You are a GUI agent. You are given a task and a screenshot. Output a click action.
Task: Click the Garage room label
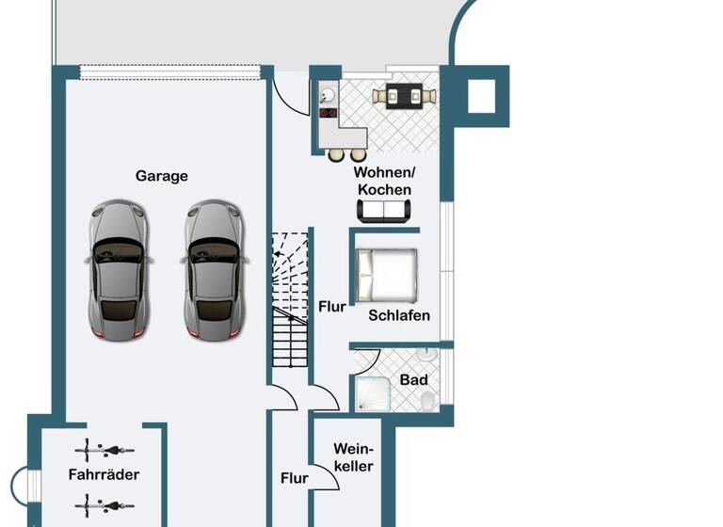[x=162, y=176]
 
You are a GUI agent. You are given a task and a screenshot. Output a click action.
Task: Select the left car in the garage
[x=118, y=269]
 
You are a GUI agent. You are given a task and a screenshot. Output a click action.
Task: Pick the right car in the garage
[x=216, y=269]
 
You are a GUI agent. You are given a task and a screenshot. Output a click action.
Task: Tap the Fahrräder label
[x=104, y=474]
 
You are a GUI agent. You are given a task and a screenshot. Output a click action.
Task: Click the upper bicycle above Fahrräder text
[x=104, y=450]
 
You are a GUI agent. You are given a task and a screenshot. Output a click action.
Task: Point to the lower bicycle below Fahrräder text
[x=104, y=505]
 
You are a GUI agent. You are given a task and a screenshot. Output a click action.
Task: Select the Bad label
[x=413, y=380]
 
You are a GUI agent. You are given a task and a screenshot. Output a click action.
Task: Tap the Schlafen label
[x=399, y=315]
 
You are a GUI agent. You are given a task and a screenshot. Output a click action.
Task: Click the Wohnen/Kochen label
[x=383, y=181]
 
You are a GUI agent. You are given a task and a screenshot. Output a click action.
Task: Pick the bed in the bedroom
[x=387, y=274]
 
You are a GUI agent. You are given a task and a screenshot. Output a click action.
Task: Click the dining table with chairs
[x=405, y=96]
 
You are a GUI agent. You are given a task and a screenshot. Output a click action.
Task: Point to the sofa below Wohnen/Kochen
[x=385, y=212]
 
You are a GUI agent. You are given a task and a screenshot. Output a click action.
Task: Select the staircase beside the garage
[x=290, y=299]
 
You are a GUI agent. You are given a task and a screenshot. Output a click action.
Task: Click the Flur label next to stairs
[x=331, y=307]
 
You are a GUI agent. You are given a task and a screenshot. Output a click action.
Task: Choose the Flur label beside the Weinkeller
[x=295, y=478]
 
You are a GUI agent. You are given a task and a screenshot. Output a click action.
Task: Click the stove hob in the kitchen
[x=329, y=112]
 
